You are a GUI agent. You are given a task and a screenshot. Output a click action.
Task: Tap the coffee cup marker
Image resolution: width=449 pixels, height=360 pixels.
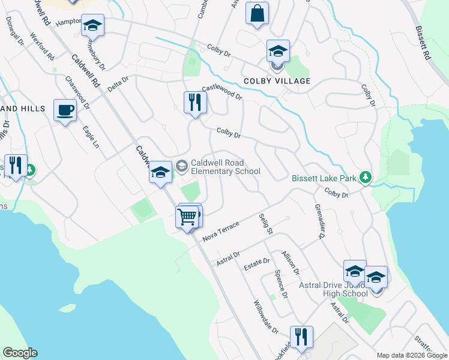click(x=65, y=110)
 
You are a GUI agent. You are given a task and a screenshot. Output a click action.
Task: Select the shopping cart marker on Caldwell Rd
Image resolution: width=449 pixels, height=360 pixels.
click(x=188, y=217)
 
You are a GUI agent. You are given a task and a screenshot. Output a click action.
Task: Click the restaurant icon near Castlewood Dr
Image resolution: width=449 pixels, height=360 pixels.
click(x=195, y=103)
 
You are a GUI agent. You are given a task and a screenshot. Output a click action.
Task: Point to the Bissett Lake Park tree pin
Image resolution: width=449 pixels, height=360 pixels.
click(x=364, y=178)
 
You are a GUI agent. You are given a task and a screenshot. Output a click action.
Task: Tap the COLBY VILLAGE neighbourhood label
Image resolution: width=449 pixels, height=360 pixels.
click(x=277, y=81)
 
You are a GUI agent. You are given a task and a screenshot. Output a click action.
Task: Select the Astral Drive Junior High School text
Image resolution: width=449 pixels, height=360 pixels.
click(x=338, y=289)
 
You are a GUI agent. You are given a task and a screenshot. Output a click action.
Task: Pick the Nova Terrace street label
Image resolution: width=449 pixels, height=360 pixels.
click(x=221, y=230)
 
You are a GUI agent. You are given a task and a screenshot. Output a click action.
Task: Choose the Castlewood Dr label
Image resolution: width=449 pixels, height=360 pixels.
click(x=221, y=92)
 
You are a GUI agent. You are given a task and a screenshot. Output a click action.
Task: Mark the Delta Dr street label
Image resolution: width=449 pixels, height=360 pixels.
click(x=118, y=84)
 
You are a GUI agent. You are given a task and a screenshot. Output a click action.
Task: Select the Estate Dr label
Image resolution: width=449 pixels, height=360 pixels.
click(x=258, y=264)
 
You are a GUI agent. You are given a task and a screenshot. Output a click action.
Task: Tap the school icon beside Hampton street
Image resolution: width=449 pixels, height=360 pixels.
click(x=92, y=26)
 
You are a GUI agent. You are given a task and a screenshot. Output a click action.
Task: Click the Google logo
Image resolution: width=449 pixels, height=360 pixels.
click(x=20, y=353)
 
